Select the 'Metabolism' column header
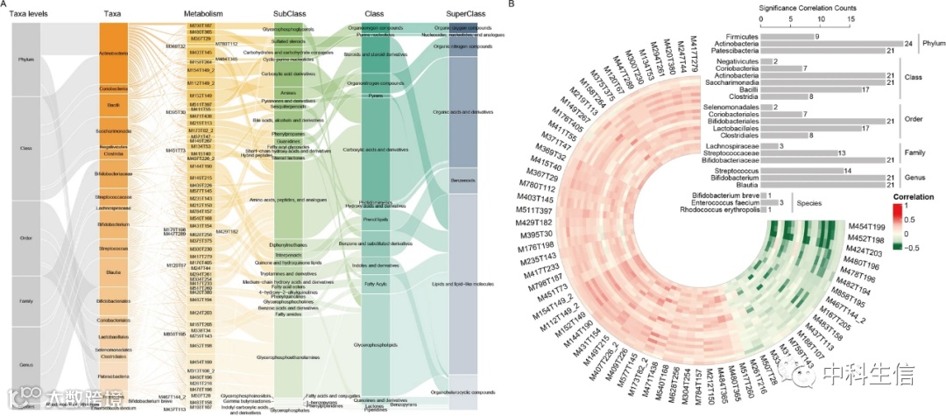tap(202, 14)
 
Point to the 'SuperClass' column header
tap(459, 14)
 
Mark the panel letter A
tap(6, 6)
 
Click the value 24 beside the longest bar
tap(909, 44)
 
